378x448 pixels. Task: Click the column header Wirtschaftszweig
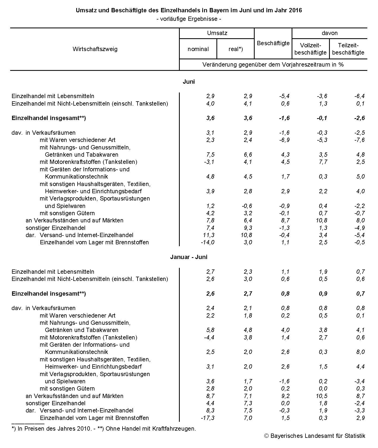(95, 49)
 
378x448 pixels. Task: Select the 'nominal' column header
(198, 49)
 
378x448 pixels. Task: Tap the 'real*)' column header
(236, 49)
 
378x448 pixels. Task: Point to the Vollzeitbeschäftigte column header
(310, 49)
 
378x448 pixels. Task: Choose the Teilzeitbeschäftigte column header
(348, 49)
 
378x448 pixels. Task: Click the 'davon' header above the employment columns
(330, 33)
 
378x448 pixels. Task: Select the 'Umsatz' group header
(217, 33)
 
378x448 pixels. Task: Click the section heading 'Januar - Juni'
(189, 257)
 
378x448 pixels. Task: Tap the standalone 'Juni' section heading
(189, 82)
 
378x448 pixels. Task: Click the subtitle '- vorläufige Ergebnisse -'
(189, 19)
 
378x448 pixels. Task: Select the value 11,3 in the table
(209, 235)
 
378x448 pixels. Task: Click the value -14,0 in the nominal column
(208, 242)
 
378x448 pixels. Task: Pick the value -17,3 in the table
(208, 418)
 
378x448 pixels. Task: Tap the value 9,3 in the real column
(248, 228)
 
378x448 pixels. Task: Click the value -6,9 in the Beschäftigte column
(284, 140)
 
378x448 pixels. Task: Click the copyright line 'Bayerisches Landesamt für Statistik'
(315, 436)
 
